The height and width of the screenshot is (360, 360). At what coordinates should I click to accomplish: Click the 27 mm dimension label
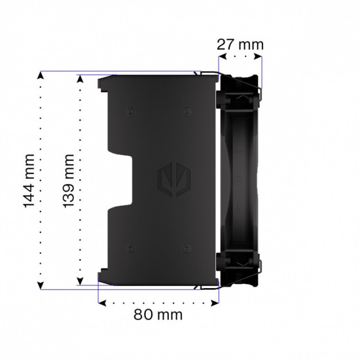(241, 45)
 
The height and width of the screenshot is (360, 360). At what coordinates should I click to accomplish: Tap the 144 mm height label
(29, 181)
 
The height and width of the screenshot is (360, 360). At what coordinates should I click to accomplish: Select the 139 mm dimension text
(69, 180)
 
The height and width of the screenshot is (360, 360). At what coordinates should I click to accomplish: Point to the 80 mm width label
(158, 315)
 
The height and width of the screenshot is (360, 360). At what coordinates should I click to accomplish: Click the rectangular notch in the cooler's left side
(124, 180)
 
